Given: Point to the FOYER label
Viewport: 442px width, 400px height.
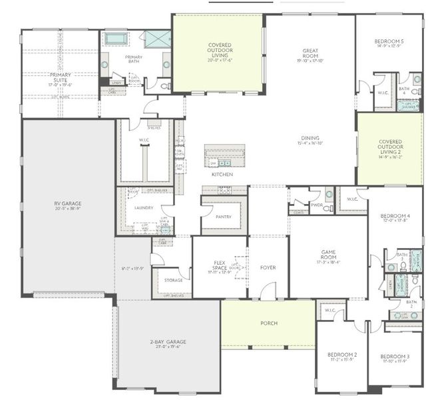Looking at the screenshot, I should pyautogui.click(x=268, y=267).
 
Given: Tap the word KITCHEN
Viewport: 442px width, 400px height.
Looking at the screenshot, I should pyautogui.click(x=222, y=174).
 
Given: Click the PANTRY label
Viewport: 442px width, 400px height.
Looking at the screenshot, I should pyautogui.click(x=224, y=217).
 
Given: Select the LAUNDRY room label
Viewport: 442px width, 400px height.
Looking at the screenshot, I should pyautogui.click(x=144, y=207).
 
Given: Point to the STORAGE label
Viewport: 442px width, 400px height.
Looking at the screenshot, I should pyautogui.click(x=173, y=280).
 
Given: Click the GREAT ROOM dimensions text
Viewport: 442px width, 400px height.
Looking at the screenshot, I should pyautogui.click(x=310, y=61).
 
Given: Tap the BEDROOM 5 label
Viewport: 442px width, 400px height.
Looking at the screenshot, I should pyautogui.click(x=389, y=41).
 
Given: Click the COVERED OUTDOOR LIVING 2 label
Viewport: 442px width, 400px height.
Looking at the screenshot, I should pyautogui.click(x=389, y=146).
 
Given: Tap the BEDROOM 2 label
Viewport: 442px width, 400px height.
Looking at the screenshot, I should pyautogui.click(x=341, y=355).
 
